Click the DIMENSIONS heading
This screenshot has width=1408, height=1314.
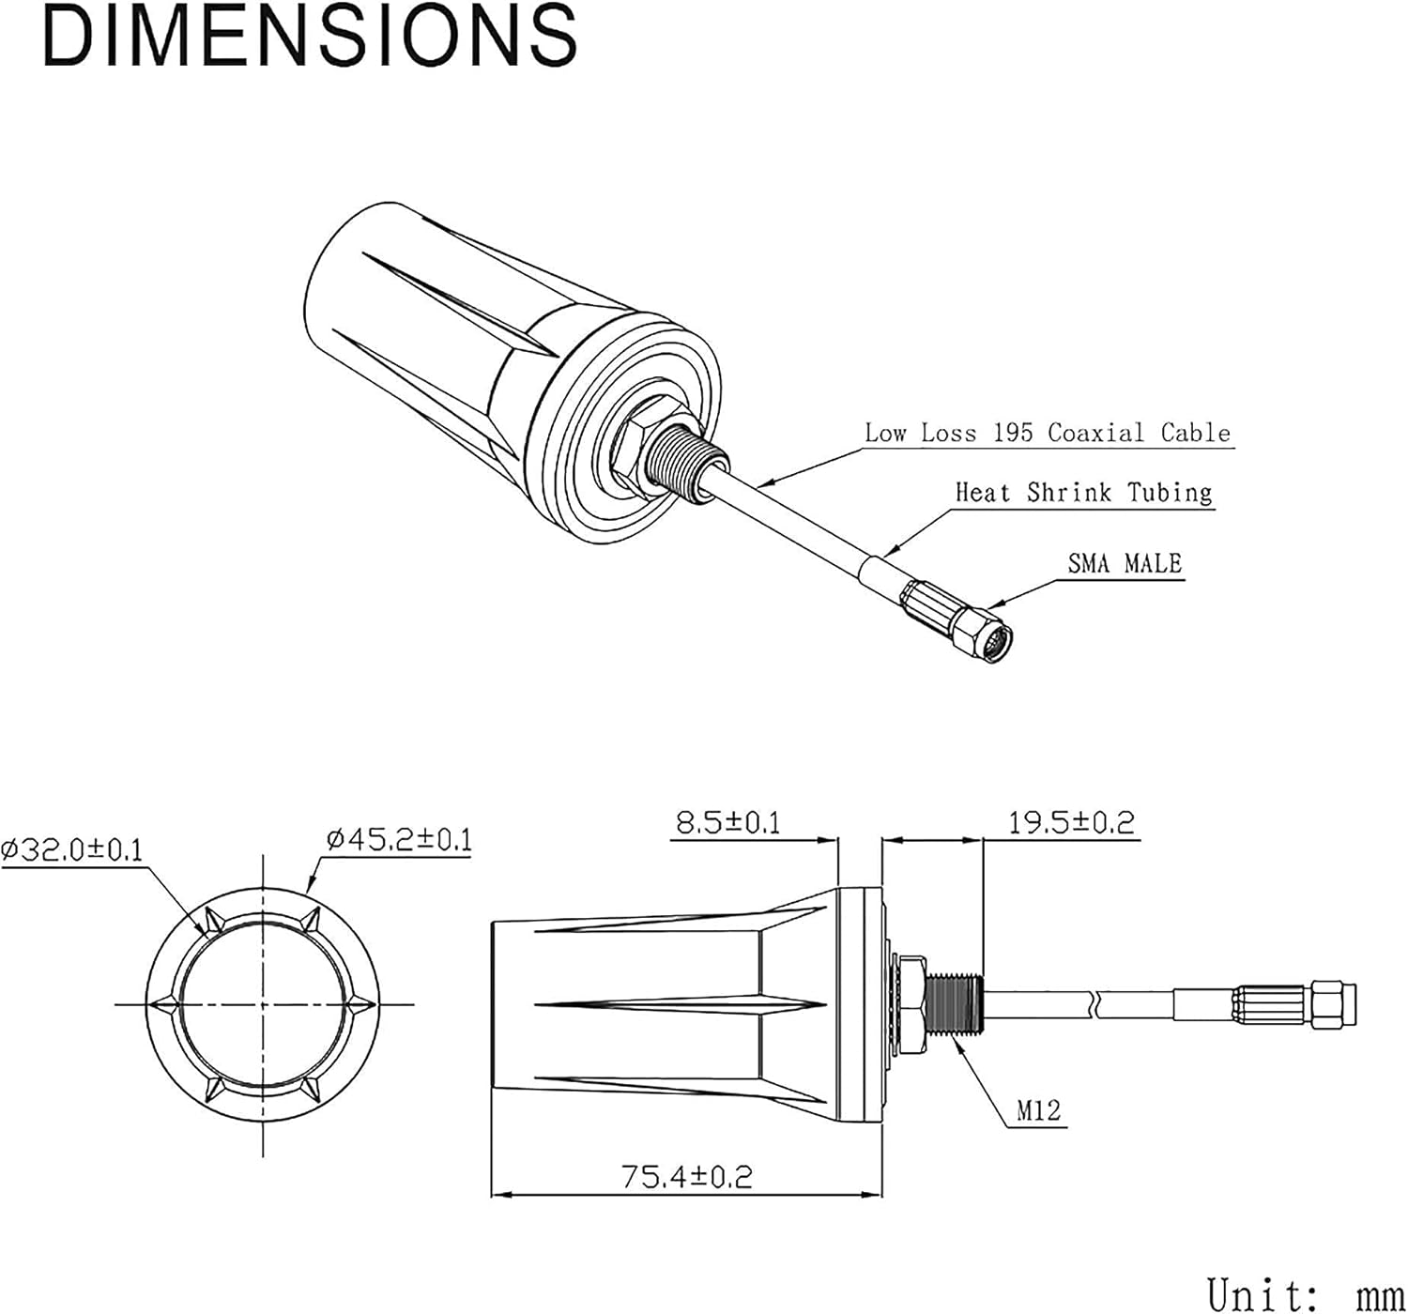tap(310, 37)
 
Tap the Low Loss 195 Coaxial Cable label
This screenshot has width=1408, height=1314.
tap(1048, 433)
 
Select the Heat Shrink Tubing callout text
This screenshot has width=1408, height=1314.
tap(1083, 492)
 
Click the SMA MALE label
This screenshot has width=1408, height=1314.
tap(1125, 563)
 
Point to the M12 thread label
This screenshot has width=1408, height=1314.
tap(1039, 1109)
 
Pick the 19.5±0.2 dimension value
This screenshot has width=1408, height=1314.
tap(1071, 822)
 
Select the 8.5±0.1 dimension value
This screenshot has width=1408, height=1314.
tap(728, 822)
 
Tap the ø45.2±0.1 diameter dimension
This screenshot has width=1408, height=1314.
tap(399, 840)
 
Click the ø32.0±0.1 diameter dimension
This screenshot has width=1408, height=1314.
tap(71, 849)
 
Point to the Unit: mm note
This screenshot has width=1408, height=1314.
tap(1306, 1294)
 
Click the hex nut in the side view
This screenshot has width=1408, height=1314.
tap(911, 1004)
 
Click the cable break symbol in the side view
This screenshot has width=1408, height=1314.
tap(1096, 1004)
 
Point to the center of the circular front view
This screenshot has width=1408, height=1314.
tap(263, 1004)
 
